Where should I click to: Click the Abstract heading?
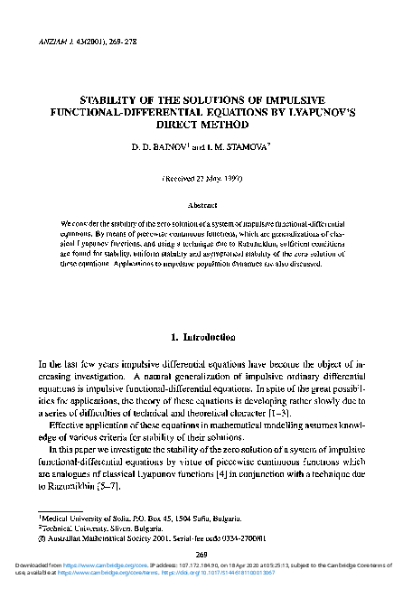click(x=201, y=204)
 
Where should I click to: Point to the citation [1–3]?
click(x=305, y=412)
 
